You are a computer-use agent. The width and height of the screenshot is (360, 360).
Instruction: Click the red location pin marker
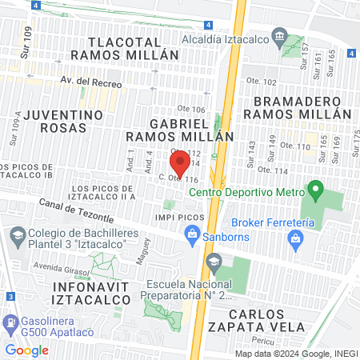[x=180, y=162]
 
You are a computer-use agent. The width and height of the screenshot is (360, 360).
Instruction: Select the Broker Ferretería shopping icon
[x=296, y=238]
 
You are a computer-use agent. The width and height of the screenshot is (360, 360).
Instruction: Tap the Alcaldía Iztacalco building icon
[x=279, y=35]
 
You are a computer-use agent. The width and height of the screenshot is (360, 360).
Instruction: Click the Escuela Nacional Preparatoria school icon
[x=214, y=262]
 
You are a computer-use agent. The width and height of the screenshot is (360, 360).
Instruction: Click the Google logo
[x=26, y=350]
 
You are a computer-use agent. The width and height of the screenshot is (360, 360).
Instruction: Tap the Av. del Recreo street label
[x=91, y=82]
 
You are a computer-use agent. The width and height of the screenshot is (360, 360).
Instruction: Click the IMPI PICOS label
[x=176, y=217]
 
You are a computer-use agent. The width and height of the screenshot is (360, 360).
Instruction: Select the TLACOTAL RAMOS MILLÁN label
[x=123, y=47]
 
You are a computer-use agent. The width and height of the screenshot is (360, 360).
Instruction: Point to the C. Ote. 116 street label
[x=178, y=179]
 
